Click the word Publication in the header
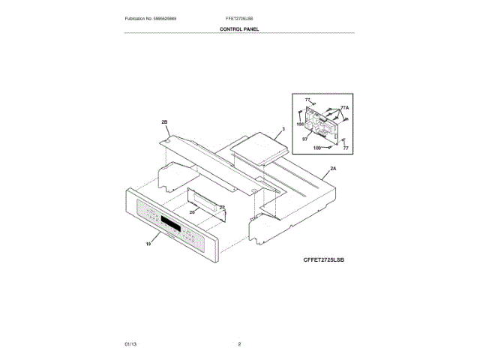136,17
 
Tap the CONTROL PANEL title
239,28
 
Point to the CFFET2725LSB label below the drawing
328,259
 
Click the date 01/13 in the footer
130,343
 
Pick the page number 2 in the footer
239,343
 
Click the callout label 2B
163,121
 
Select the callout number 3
283,130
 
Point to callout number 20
192,212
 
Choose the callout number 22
221,207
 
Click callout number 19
148,244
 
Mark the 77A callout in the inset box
344,108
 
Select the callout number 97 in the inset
305,138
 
